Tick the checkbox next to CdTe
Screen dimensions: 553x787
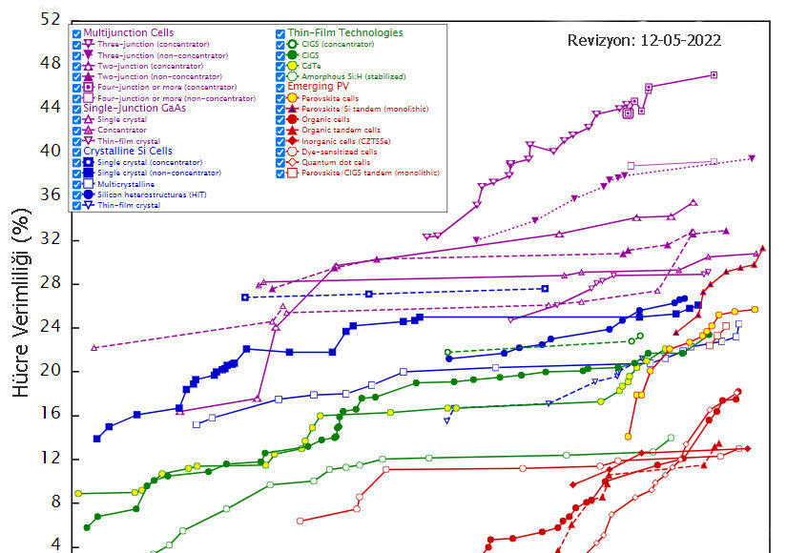pos(281,66)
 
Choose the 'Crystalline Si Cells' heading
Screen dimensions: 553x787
pos(128,151)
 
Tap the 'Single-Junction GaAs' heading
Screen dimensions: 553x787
pos(135,108)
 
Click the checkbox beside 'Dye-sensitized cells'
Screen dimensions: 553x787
pos(281,152)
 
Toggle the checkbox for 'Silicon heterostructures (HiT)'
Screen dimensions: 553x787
pos(77,195)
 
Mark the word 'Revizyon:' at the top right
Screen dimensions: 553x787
pos(599,41)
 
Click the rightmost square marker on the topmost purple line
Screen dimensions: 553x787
pos(714,74)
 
